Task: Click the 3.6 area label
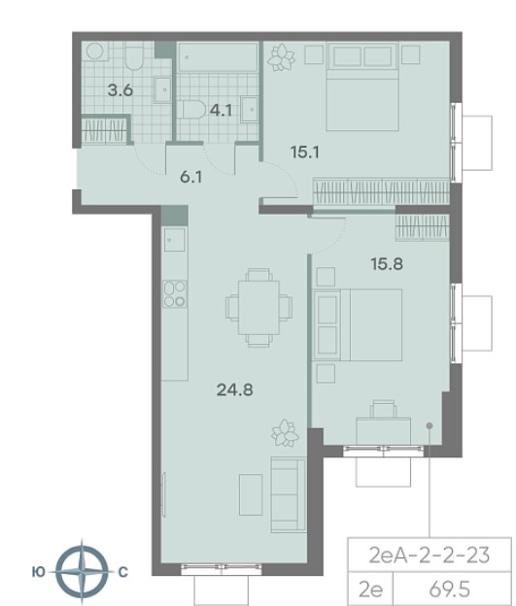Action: tap(120, 90)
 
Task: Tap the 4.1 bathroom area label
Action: tap(221, 111)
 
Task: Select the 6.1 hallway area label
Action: tap(191, 177)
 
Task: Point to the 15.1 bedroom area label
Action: tap(305, 151)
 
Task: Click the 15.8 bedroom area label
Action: tap(387, 264)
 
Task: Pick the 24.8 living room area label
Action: tap(235, 389)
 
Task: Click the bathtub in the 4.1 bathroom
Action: tap(218, 56)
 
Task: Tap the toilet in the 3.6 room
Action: tap(134, 55)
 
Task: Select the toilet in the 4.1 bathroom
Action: tap(191, 110)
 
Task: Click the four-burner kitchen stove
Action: tap(175, 294)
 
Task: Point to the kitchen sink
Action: tap(175, 239)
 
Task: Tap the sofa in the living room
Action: tap(289, 494)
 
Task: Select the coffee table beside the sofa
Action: tap(251, 494)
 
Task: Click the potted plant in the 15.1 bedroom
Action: tap(281, 57)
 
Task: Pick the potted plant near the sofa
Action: tap(285, 433)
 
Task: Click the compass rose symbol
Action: tap(82, 571)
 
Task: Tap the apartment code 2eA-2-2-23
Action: tap(430, 555)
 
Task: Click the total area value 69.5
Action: tap(450, 589)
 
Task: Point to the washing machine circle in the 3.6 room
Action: tap(95, 51)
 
